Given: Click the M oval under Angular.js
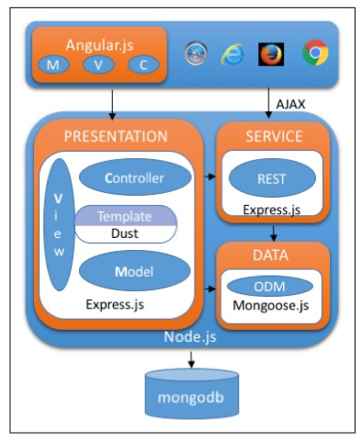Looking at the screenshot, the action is [x=53, y=65].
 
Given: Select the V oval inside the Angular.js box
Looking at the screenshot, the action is [x=98, y=65].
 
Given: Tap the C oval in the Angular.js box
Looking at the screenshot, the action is [x=143, y=65].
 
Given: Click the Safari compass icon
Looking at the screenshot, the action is [x=196, y=53].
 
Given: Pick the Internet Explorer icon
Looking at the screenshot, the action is [x=232, y=54].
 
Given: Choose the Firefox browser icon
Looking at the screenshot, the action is [x=271, y=54].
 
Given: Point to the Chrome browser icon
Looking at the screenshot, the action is [x=315, y=52].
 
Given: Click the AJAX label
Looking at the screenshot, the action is [x=290, y=105].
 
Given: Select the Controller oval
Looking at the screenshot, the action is [x=135, y=177].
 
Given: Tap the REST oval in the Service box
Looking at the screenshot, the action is [x=272, y=178].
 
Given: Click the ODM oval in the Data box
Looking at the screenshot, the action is [x=269, y=287].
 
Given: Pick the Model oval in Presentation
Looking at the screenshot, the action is [x=134, y=271].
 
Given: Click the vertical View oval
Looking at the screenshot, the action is [x=59, y=224].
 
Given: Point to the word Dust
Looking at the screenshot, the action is [x=125, y=233].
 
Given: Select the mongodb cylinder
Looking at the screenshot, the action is [x=191, y=393].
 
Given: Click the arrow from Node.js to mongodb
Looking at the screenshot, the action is [x=191, y=359].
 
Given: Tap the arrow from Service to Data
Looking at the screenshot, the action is [x=274, y=233].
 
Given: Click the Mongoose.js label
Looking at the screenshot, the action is [x=271, y=305].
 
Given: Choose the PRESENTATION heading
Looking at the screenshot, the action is [x=116, y=136].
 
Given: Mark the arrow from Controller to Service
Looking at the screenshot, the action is [x=209, y=176].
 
